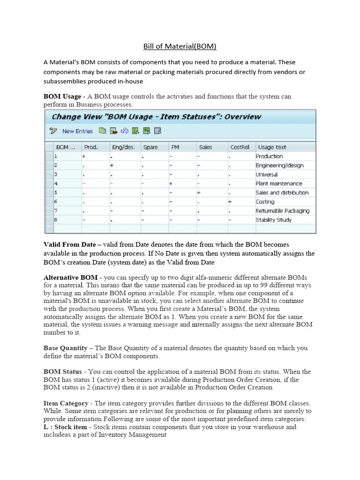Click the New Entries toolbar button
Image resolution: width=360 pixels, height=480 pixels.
pyautogui.click(x=77, y=131)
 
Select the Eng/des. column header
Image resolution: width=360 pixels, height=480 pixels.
pyautogui.click(x=123, y=147)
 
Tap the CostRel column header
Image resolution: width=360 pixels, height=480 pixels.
pyautogui.click(x=239, y=147)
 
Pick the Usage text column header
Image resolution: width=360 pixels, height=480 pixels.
pyautogui.click(x=272, y=147)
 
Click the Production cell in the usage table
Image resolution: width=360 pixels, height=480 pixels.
pyautogui.click(x=269, y=156)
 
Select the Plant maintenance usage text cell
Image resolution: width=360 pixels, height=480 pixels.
pyautogui.click(x=278, y=184)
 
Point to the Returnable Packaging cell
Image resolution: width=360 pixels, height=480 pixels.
pyautogui.click(x=282, y=211)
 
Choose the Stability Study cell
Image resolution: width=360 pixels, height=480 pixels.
pyautogui.click(x=273, y=220)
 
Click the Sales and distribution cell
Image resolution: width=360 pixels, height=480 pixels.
pyautogui.click(x=282, y=193)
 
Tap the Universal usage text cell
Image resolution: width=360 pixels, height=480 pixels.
pyautogui.click(x=266, y=174)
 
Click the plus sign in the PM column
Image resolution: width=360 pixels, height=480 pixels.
pyautogui.click(x=171, y=184)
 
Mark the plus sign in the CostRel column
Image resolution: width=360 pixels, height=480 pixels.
pyautogui.click(x=230, y=202)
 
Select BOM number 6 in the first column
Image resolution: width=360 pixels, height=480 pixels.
pyautogui.click(x=56, y=202)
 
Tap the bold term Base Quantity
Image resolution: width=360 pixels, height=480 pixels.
pyautogui.click(x=66, y=348)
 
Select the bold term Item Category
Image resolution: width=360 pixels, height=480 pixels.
pyautogui.click(x=66, y=403)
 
